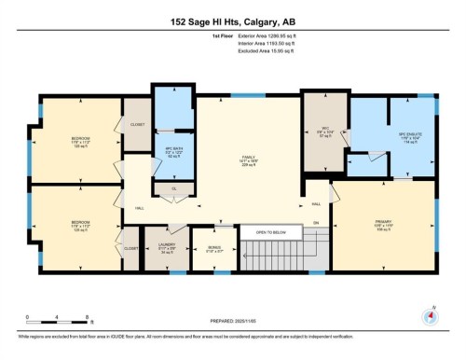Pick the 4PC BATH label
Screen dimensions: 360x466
tap(171, 149)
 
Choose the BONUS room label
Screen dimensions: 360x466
tap(213, 248)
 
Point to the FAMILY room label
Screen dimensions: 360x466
tap(247, 158)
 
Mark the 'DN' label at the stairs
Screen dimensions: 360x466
tap(316, 222)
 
